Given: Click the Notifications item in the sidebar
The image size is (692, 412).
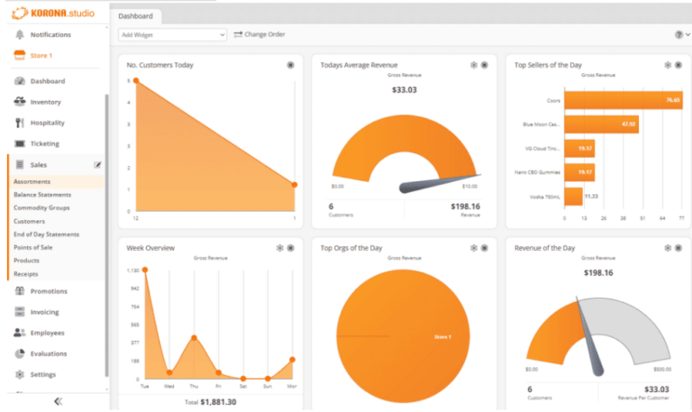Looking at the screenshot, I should pos(50,34).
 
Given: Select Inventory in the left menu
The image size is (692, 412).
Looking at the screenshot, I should pos(45,102).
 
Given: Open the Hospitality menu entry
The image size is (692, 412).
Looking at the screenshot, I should pos(49,123).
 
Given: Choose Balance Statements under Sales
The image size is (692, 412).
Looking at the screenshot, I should pos(42,195).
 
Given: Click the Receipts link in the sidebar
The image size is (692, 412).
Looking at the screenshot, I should pos(26,273).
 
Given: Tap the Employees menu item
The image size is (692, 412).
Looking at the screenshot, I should pos(48,333).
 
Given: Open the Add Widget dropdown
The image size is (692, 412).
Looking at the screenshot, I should pos(172,34).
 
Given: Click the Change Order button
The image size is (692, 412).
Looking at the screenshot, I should pos(259,34).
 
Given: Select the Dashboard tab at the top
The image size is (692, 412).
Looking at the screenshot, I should pos(135,15).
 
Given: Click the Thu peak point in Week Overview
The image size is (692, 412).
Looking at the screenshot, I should pos(194,338).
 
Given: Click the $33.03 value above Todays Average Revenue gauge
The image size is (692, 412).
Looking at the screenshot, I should pos(405,89).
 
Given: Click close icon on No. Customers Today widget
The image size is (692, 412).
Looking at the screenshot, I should pos(290,65).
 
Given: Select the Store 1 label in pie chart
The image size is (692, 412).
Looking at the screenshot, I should pos(442,337).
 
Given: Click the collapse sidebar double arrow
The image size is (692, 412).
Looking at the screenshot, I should pos(58,401).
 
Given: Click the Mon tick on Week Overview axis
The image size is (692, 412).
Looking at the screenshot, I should pos(293,385).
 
